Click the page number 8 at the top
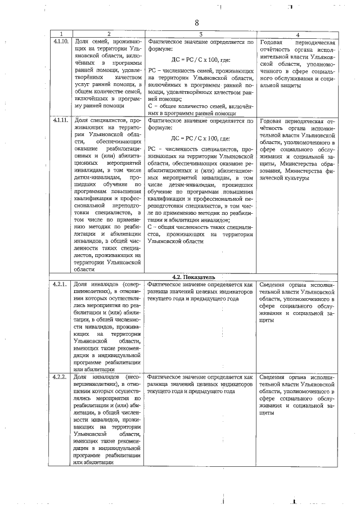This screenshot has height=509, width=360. click(197, 22)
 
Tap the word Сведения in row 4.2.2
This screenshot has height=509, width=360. click(275, 376)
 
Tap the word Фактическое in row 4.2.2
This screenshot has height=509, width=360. click(165, 376)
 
